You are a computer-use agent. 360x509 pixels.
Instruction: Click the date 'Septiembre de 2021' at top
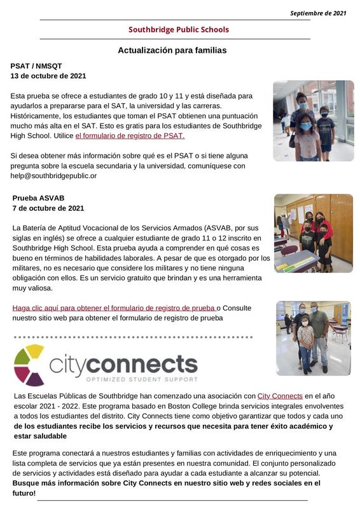(318, 13)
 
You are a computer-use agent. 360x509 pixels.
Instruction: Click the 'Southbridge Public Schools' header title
(178, 29)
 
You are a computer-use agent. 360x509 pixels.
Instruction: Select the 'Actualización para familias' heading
(172, 50)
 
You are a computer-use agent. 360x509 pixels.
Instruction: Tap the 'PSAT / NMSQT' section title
(36, 66)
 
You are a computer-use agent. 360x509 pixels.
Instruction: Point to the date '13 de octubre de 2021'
(48, 76)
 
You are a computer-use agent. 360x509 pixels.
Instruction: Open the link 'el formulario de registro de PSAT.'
(130, 136)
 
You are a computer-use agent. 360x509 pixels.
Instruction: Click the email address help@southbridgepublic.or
(54, 175)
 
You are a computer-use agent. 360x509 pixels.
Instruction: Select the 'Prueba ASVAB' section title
(38, 198)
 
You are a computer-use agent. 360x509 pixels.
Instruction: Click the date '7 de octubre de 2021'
(48, 208)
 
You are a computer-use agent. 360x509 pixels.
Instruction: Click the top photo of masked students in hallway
(313, 120)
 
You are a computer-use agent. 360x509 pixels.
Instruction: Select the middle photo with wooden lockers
(313, 233)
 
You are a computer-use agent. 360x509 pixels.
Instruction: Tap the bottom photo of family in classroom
(313, 338)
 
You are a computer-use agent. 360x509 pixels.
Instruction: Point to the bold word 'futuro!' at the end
(25, 493)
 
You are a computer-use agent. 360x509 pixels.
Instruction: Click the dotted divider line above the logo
(134, 337)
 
